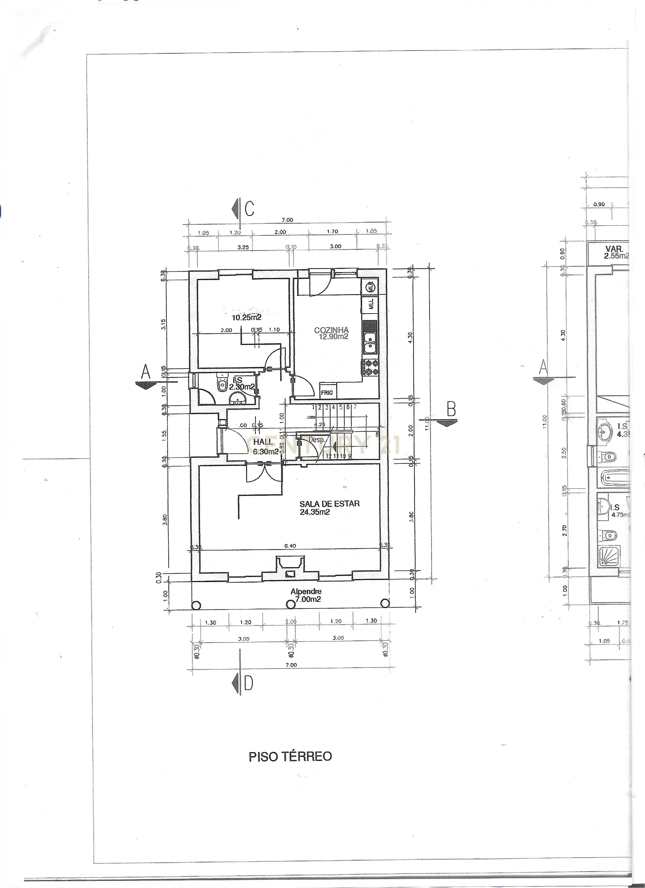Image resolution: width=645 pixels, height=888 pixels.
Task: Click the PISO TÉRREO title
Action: tap(290, 756)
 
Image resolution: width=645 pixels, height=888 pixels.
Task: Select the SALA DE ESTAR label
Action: tap(329, 507)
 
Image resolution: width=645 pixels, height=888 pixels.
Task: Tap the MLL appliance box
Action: tap(370, 305)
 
